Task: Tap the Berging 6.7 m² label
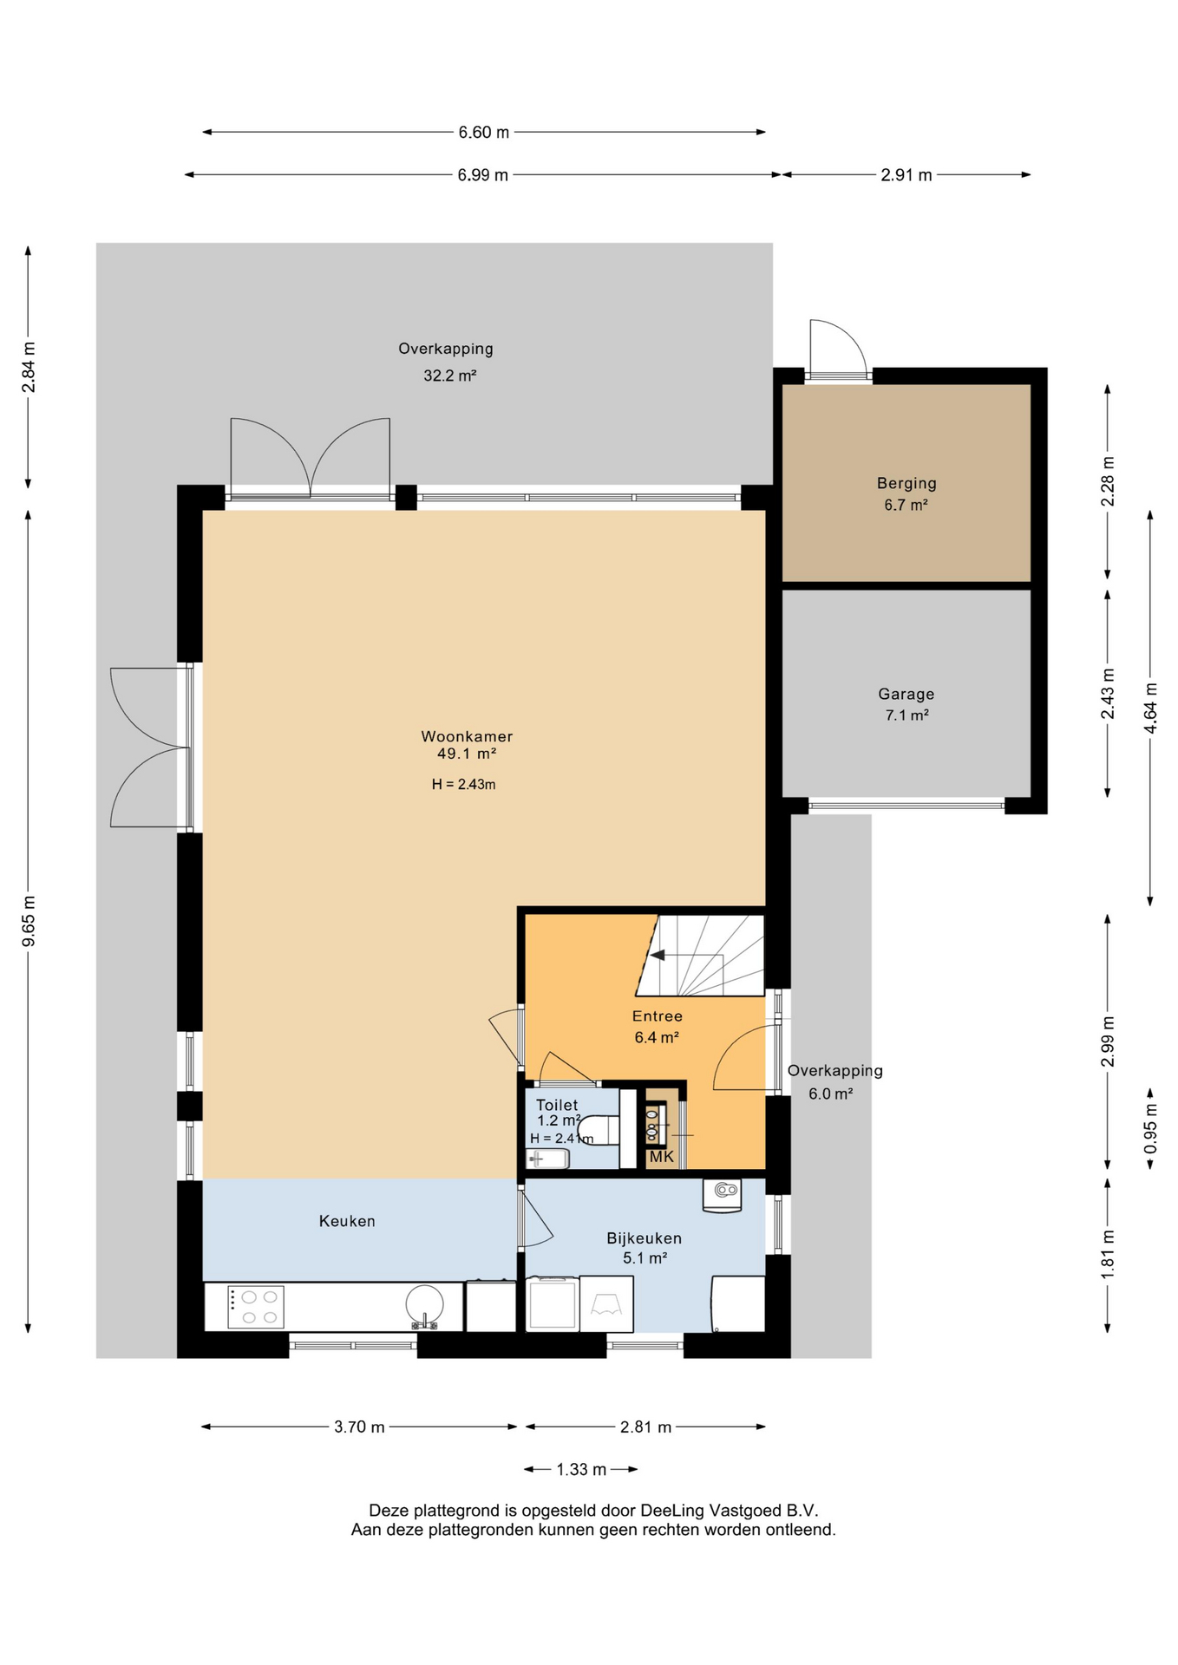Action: coord(906,493)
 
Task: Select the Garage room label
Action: coord(906,694)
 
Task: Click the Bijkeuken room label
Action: coord(644,1238)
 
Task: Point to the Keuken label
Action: coord(347,1221)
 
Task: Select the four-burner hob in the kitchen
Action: coord(256,1307)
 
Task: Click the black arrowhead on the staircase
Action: coord(658,955)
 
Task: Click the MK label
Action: coord(662,1156)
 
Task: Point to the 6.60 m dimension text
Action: coord(484,133)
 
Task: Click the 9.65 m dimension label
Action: coord(29,921)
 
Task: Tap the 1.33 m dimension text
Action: coord(581,1469)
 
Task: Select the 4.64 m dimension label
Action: coord(1150,708)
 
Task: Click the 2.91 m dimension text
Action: coord(906,175)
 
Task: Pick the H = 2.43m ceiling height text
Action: coord(464,785)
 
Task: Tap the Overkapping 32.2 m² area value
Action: coord(450,376)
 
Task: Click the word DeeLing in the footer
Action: coord(674,1511)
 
